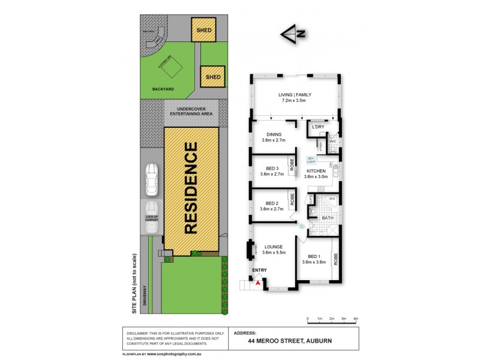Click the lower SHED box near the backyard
(213, 77)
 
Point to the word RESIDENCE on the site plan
(191, 188)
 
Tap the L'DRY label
(317, 128)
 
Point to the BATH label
(328, 218)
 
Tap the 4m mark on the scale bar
(356, 318)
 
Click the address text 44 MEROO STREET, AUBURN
(290, 341)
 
